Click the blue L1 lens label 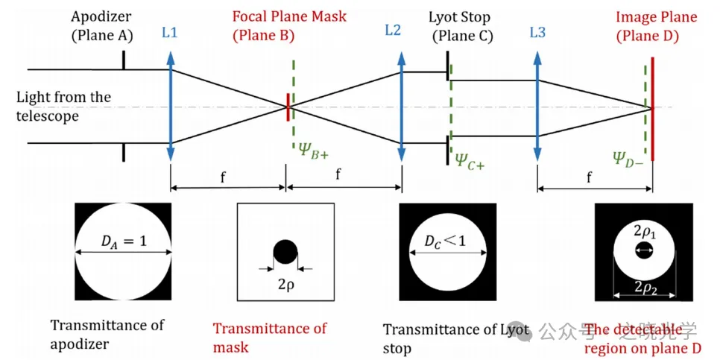170,34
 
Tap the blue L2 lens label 393,31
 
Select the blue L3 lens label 537,34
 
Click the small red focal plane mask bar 288,107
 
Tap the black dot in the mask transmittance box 285,252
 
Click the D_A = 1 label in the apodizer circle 124,240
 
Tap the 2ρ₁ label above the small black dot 643,233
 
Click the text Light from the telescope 63,107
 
